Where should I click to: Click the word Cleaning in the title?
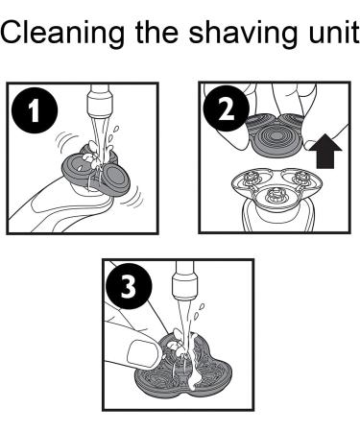click(x=62, y=34)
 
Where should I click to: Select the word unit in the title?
click(x=334, y=32)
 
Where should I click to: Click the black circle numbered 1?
click(x=35, y=110)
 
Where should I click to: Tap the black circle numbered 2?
click(x=227, y=108)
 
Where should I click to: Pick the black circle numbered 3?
click(x=129, y=286)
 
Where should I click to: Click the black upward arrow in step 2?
click(x=328, y=151)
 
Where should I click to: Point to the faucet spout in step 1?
click(x=100, y=102)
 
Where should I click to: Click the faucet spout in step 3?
click(x=183, y=277)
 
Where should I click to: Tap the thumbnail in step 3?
click(x=140, y=353)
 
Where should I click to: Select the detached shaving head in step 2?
click(x=275, y=134)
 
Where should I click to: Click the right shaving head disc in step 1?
click(x=114, y=179)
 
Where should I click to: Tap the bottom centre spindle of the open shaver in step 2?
click(x=274, y=195)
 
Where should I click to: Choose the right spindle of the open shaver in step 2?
click(x=300, y=178)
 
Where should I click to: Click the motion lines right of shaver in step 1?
click(x=133, y=198)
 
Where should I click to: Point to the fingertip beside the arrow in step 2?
click(x=310, y=145)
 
